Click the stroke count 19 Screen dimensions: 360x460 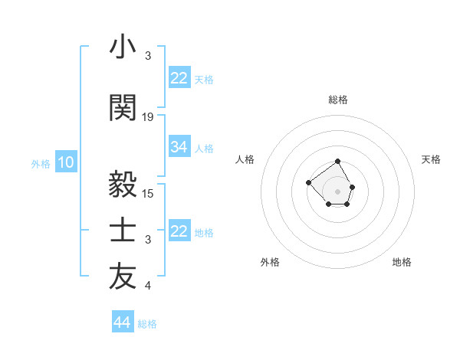[148, 117]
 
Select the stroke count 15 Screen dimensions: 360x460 [148, 193]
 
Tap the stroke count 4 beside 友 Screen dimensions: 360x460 [148, 286]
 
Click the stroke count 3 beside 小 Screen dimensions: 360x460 [148, 57]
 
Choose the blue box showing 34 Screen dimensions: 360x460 [179, 147]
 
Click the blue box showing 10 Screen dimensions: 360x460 [66, 162]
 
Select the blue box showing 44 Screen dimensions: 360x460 [122, 322]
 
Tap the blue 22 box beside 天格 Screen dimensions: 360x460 [179, 78]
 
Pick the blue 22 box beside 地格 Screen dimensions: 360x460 [179, 231]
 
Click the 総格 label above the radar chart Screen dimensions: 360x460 [338, 100]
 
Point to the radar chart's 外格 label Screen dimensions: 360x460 [270, 262]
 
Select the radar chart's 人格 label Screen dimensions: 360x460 [245, 159]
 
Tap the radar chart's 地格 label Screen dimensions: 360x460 [402, 262]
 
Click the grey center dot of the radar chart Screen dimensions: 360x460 [338, 191]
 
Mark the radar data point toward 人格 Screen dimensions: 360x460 [308, 182]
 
